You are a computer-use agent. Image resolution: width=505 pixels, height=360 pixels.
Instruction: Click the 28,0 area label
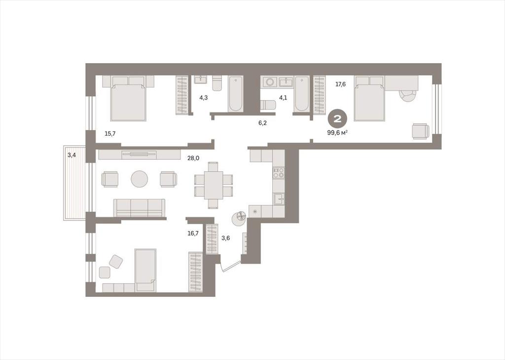click(193, 158)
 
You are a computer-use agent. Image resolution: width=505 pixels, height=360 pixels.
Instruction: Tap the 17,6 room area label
click(341, 84)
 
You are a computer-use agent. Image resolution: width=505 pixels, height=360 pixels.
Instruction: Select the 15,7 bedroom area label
click(110, 133)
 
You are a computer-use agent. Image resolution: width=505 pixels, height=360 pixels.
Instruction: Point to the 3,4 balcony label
click(72, 155)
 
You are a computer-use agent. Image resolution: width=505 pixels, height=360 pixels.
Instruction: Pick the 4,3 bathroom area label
click(203, 97)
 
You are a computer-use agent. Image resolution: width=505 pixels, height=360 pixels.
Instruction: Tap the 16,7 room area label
click(193, 233)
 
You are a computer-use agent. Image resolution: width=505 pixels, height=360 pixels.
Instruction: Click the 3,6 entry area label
click(225, 238)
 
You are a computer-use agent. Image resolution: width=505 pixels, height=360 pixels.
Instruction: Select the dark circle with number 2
click(337, 119)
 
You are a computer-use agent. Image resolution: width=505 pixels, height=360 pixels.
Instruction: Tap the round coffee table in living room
click(140, 179)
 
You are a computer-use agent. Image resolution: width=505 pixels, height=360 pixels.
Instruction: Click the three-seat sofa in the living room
click(139, 208)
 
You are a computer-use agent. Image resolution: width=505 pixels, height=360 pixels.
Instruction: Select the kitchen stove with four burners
click(279, 172)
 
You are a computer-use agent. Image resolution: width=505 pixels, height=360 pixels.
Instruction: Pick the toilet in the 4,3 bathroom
click(217, 83)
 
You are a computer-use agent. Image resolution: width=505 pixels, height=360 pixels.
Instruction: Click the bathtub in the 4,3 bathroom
click(235, 94)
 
